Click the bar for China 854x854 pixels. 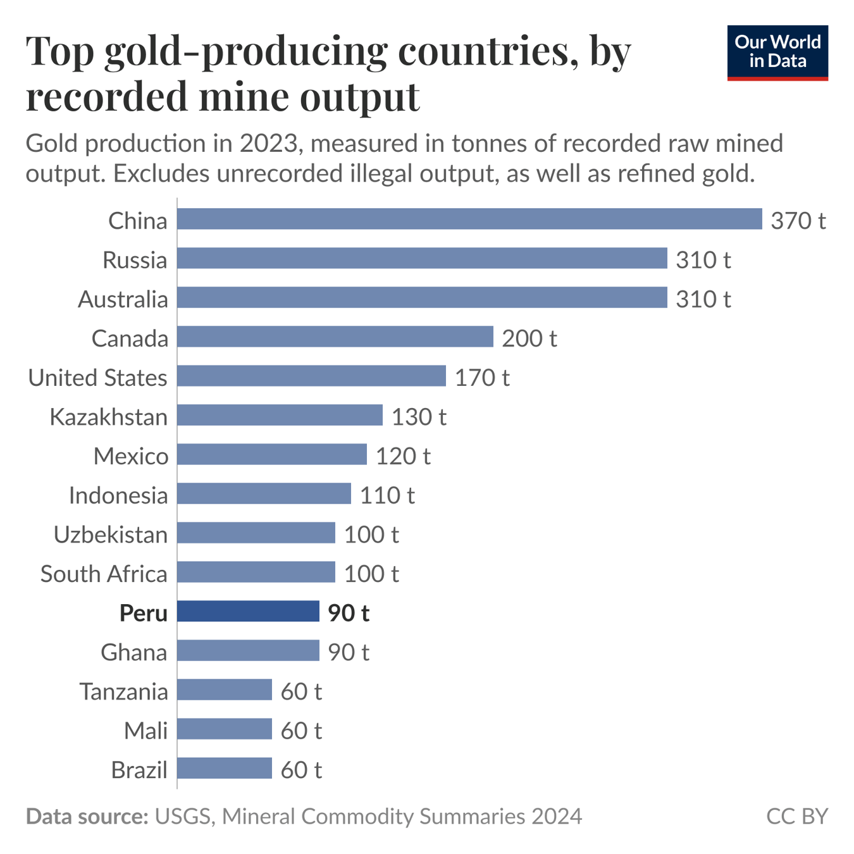[469, 219]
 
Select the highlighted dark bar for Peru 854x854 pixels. [248, 611]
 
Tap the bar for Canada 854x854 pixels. [335, 337]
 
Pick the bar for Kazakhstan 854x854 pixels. [280, 415]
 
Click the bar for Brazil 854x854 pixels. [224, 768]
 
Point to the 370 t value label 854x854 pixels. [798, 220]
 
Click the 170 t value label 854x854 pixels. [482, 377]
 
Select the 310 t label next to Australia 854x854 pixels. [703, 299]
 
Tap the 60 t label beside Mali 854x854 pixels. [301, 730]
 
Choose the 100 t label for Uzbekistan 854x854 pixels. [371, 534]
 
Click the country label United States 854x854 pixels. [98, 377]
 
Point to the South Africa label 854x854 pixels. [104, 573]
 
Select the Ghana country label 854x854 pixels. [133, 652]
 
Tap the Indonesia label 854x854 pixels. [118, 495]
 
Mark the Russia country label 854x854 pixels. [135, 259]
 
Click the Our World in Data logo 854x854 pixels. [777, 53]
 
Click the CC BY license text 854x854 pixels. [796, 816]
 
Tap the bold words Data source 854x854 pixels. [87, 816]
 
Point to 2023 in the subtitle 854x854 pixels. [268, 144]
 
